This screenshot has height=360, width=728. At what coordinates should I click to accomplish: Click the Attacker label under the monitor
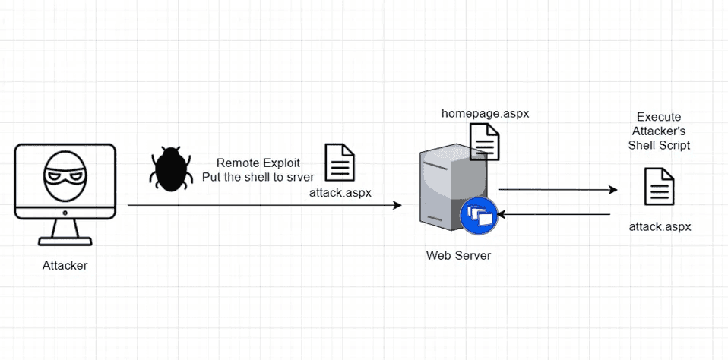(65, 265)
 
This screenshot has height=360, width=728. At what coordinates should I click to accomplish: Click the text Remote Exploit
(258, 163)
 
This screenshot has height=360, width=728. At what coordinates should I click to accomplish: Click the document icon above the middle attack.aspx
(340, 162)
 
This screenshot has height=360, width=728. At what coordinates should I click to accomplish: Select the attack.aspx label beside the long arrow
(340, 192)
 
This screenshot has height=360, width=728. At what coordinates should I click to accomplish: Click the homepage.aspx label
(485, 113)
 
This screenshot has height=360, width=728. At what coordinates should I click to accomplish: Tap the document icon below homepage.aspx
(485, 142)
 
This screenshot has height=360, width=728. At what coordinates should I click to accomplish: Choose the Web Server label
(458, 255)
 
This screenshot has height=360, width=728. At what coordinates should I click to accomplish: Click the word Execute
(659, 118)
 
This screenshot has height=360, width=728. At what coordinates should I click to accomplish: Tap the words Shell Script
(659, 145)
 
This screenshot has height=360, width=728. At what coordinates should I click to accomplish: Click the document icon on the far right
(659, 186)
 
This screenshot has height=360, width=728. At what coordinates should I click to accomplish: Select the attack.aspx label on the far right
(659, 227)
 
